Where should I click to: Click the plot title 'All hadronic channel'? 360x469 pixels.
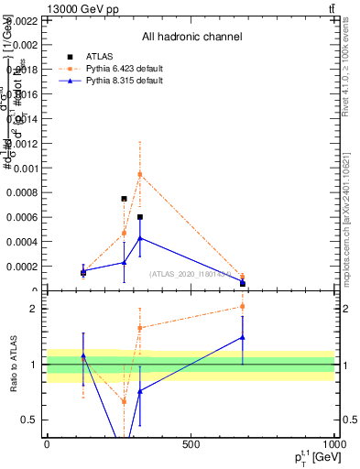click(191, 38)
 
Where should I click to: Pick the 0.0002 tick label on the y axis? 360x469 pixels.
click(22, 267)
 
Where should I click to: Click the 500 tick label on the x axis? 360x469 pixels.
click(191, 444)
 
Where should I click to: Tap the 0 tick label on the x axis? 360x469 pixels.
click(47, 444)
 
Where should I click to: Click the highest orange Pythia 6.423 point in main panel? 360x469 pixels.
click(140, 174)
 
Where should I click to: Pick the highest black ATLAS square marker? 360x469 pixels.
click(124, 199)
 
